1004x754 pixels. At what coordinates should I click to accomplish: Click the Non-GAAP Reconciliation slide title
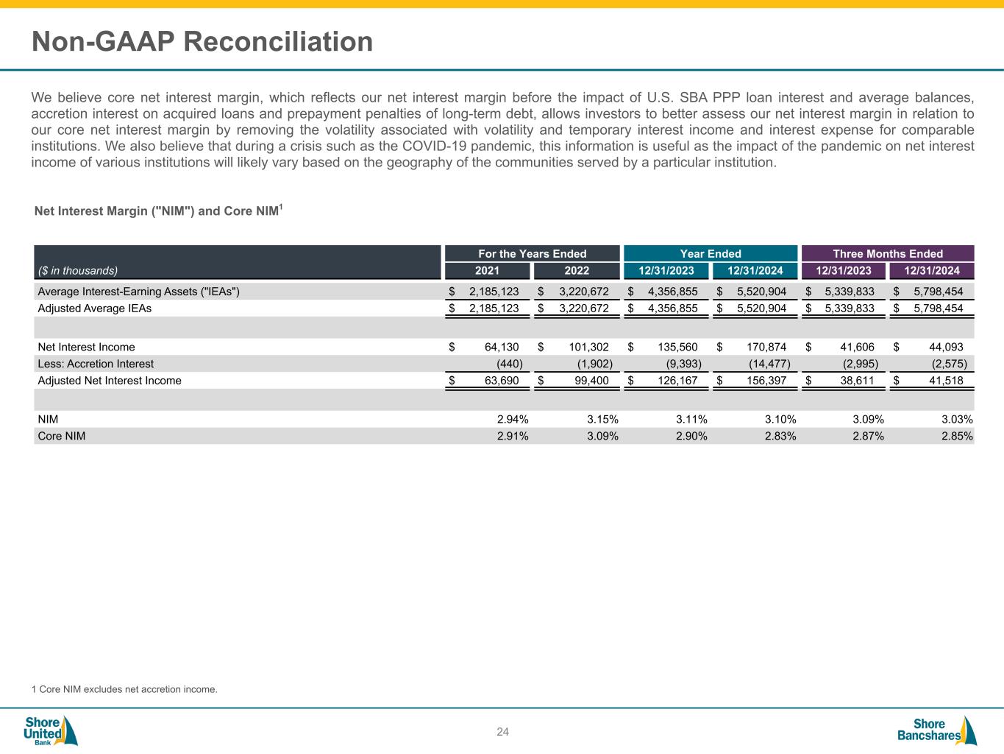click(202, 42)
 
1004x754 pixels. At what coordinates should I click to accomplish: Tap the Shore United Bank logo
click(50, 730)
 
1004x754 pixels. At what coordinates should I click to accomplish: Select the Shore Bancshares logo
click(936, 730)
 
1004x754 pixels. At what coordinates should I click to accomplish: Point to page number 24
click(502, 732)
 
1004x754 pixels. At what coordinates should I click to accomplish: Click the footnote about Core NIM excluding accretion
click(124, 690)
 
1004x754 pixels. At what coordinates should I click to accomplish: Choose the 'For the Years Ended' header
click(533, 254)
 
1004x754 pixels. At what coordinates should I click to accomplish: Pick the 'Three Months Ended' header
click(888, 254)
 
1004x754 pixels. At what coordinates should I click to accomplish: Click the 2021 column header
click(487, 271)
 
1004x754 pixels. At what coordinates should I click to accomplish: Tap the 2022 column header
click(577, 271)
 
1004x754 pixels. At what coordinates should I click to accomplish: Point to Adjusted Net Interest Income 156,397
click(763, 381)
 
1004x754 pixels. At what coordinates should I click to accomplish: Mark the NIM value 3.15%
click(602, 420)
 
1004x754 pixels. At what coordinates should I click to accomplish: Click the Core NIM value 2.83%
click(780, 436)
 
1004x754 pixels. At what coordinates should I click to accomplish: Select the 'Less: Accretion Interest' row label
click(96, 364)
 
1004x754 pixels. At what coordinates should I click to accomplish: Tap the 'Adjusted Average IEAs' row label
click(94, 309)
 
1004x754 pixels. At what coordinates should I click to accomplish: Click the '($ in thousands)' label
click(78, 270)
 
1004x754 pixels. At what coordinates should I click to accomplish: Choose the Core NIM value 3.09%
click(602, 436)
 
